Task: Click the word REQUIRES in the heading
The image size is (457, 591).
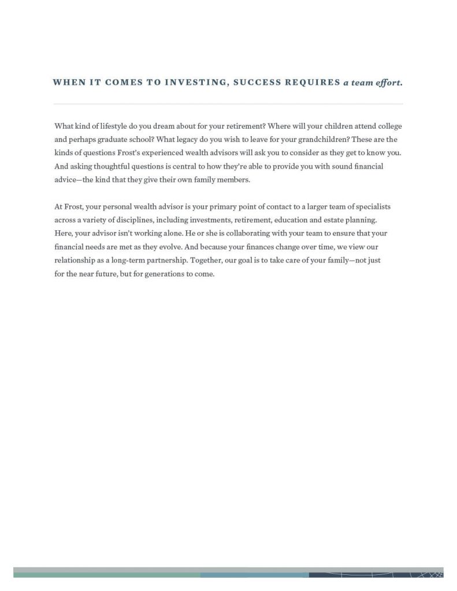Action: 312,82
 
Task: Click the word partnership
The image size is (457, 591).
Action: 155,260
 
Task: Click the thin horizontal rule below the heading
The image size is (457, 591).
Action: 228,104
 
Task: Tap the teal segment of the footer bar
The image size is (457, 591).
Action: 107,575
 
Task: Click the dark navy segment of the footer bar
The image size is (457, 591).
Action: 376,575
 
